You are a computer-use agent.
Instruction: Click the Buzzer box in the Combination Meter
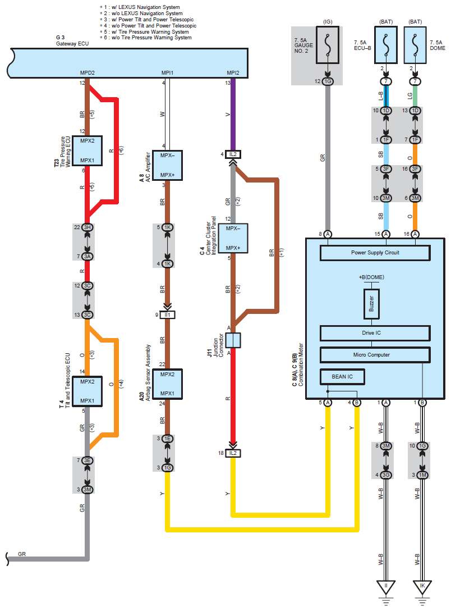[371, 304]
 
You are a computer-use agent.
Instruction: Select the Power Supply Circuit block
[375, 253]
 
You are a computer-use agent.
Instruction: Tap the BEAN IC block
[342, 376]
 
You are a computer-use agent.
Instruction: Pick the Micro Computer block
[375, 354]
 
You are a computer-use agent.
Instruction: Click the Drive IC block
[375, 333]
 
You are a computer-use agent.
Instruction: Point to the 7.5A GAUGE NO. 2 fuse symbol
[327, 45]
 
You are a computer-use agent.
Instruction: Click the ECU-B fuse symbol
[385, 45]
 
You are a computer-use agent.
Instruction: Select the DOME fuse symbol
[415, 45]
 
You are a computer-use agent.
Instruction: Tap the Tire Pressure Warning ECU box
[87, 151]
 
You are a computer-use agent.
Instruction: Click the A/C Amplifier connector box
[167, 165]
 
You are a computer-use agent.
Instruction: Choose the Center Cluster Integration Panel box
[233, 238]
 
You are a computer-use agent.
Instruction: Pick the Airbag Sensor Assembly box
[167, 384]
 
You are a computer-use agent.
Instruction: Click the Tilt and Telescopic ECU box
[87, 391]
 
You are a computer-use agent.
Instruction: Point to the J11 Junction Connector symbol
[233, 340]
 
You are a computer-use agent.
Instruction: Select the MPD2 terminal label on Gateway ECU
[87, 73]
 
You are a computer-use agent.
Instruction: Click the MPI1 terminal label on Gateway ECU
[167, 73]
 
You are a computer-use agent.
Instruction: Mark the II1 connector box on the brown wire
[167, 314]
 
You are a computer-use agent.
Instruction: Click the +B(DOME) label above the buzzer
[371, 277]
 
